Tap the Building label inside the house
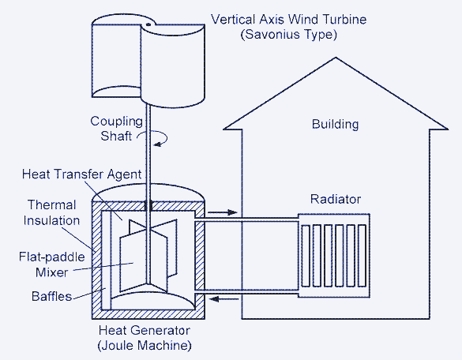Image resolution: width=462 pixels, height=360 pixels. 336,124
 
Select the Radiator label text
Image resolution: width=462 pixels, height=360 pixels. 336,200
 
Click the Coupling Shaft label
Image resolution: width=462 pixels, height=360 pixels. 116,129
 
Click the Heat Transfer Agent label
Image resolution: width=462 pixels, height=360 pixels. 82,174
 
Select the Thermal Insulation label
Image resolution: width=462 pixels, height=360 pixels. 51,212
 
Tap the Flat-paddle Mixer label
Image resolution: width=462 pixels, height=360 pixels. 52,264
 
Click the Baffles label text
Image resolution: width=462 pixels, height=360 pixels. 51,296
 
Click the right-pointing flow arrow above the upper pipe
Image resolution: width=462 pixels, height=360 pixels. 223,212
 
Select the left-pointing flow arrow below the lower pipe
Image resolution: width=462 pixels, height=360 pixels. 223,299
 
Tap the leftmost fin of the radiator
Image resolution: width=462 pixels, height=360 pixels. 306,256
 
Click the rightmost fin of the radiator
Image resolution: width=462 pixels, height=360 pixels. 362,256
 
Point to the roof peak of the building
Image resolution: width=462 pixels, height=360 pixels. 336,58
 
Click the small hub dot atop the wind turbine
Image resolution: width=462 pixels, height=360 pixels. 148,24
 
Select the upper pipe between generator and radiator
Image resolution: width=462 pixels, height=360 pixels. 246,219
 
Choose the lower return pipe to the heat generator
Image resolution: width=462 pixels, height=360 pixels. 246,291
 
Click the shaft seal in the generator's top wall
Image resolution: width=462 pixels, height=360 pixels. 148,205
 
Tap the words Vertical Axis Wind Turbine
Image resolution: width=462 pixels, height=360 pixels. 289,20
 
